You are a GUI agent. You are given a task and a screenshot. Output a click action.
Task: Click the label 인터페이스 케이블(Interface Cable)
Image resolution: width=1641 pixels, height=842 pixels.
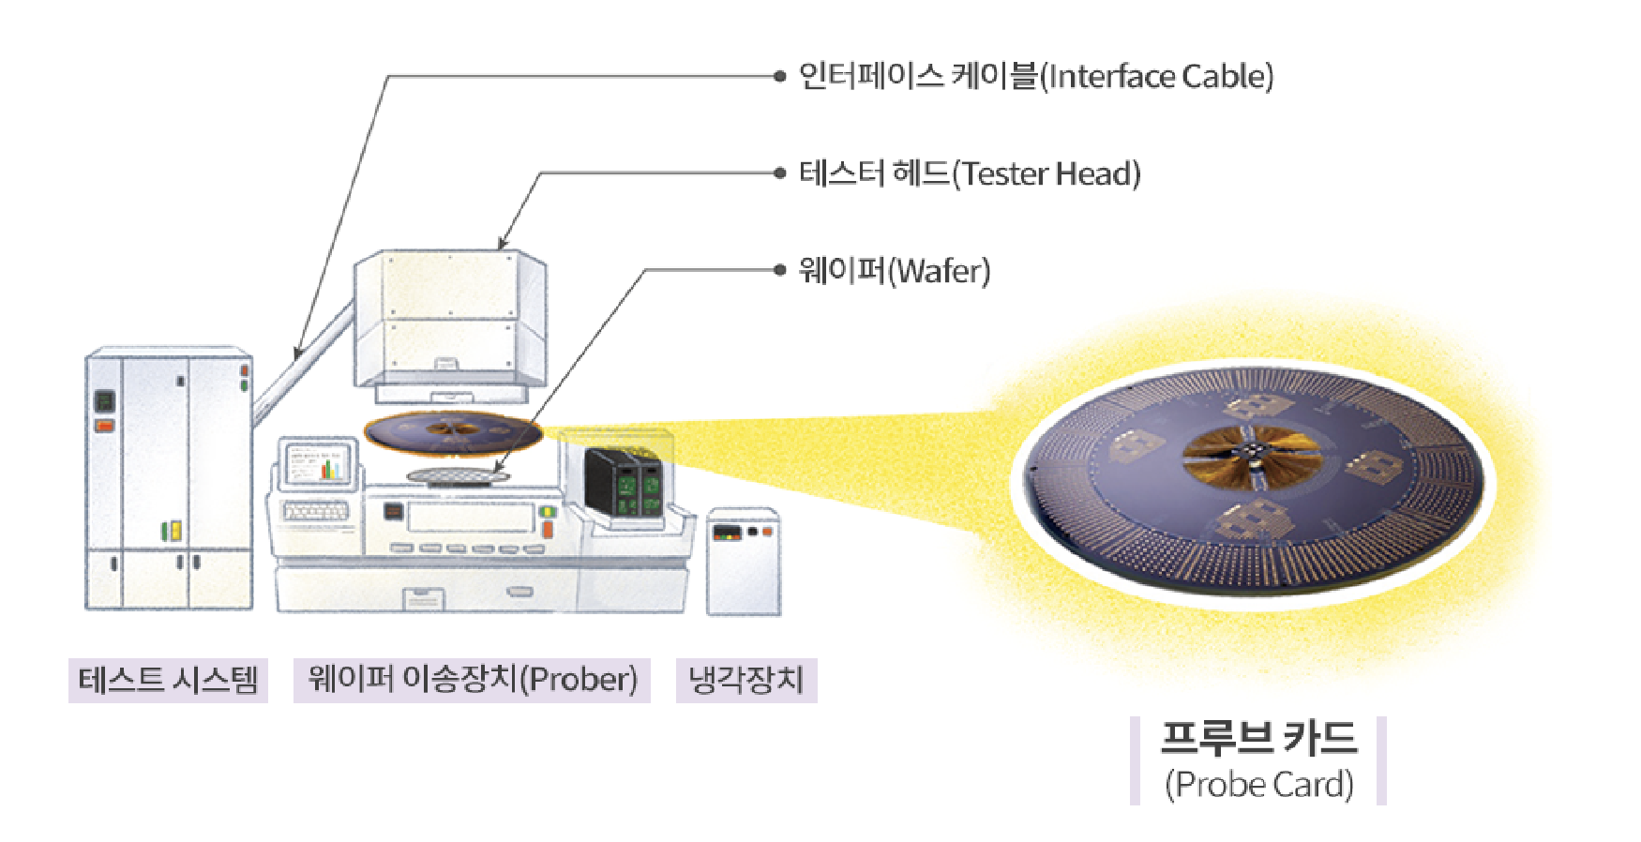point(1035,76)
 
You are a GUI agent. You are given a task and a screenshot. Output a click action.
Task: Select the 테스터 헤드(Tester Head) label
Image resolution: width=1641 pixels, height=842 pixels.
point(969,173)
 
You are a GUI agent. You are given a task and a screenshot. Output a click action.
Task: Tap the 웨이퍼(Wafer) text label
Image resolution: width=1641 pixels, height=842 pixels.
point(894,271)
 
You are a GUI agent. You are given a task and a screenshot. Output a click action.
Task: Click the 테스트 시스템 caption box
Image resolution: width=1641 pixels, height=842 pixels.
point(168,680)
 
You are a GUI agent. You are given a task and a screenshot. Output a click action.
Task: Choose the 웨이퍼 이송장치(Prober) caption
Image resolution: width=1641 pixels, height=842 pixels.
point(472,680)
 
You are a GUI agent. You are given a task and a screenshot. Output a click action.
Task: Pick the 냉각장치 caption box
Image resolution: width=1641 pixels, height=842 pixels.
point(746,680)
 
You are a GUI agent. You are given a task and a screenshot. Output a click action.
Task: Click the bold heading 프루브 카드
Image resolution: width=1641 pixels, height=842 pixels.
point(1258,739)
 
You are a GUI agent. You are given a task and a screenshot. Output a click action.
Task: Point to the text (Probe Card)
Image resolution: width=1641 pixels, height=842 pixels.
point(1258,784)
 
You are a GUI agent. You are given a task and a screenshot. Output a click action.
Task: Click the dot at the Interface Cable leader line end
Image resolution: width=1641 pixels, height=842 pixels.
point(779,76)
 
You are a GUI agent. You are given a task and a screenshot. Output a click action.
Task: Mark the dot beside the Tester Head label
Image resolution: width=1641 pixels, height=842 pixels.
point(779,173)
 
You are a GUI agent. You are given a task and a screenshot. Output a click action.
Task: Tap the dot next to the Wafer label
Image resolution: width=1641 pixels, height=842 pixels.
point(779,270)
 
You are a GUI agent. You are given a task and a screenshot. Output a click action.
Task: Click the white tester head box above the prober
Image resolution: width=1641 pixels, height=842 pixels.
point(450,319)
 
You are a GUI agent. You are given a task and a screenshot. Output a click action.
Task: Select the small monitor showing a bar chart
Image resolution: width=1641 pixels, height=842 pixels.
point(319,463)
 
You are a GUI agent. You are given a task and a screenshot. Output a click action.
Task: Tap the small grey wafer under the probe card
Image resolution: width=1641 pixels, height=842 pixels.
point(458,476)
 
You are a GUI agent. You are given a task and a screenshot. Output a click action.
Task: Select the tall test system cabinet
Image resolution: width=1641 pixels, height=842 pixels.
point(169,478)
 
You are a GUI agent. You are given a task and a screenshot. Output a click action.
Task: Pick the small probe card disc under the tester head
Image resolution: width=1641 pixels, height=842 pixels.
point(453,431)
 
